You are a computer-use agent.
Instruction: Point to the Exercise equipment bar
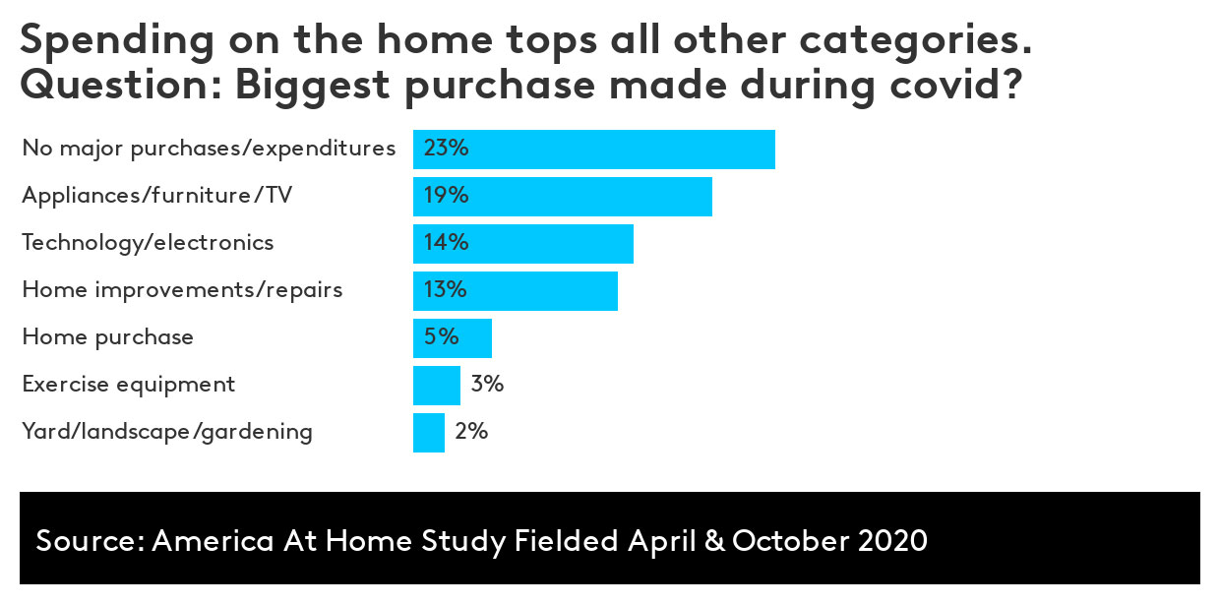point(437,386)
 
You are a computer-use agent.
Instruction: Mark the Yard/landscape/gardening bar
point(429,433)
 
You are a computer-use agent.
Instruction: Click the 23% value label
point(446,149)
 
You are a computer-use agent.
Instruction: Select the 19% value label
point(446,196)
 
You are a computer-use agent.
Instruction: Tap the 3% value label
point(487,385)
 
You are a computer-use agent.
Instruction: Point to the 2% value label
point(471,432)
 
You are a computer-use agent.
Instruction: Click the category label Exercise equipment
point(129,385)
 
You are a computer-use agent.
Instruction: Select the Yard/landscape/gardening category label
point(167,432)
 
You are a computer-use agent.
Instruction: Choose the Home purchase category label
point(108,337)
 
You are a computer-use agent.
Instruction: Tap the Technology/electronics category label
point(148,243)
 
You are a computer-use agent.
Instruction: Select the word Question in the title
point(118,86)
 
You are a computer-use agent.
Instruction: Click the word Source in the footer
point(88,541)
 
